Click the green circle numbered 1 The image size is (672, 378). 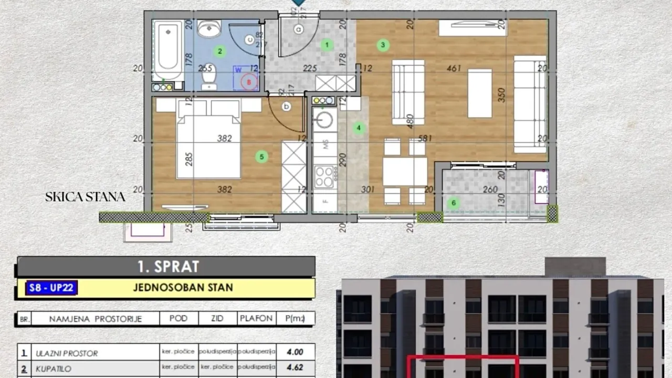327,45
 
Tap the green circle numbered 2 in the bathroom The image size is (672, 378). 220,51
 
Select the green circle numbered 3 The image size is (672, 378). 383,45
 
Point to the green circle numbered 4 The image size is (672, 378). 359,128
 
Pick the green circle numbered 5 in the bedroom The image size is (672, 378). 261,156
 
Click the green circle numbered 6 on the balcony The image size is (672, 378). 454,203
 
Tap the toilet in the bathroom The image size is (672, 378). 209,78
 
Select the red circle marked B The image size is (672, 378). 249,81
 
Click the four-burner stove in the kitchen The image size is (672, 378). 325,176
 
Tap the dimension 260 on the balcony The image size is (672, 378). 490,190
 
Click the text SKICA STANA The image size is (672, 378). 85,197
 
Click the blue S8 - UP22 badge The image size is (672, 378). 51,288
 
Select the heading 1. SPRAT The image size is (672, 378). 168,266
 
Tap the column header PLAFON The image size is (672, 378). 256,318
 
